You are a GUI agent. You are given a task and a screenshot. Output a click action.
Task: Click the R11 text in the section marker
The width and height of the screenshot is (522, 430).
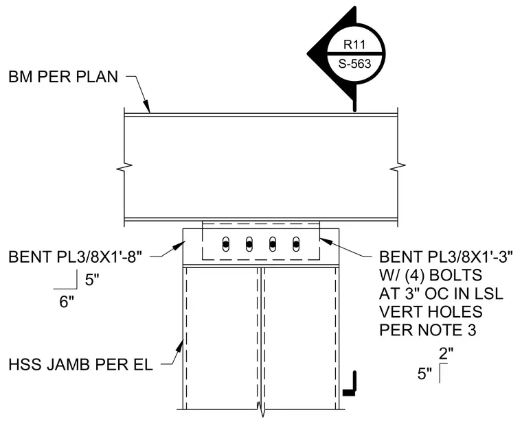click(354, 44)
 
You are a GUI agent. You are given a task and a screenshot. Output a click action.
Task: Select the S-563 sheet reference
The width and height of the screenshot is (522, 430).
click(354, 64)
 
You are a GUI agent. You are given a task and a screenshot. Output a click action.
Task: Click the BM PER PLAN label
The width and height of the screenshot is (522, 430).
click(63, 77)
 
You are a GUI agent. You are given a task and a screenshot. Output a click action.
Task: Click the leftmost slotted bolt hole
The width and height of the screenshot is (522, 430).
click(226, 244)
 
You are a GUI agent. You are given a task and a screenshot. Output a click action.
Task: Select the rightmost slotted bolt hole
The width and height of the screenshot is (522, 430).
click(296, 244)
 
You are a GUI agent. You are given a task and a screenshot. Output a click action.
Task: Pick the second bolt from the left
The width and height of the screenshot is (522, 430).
click(249, 245)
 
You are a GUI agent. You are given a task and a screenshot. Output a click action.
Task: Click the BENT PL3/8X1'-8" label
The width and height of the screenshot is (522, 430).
click(76, 257)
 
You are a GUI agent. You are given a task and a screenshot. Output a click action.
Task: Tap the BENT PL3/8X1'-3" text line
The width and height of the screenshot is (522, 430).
click(446, 257)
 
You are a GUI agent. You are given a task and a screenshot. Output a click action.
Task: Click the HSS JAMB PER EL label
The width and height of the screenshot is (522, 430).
click(80, 365)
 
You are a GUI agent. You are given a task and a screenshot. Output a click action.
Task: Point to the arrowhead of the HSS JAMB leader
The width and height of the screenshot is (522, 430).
click(180, 346)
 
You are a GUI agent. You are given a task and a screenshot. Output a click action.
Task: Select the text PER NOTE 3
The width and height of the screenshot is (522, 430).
click(428, 330)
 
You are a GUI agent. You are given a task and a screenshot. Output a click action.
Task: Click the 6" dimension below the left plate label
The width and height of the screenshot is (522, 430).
click(67, 302)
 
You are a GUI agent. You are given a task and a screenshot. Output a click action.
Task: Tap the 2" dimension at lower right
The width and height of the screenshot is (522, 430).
click(446, 354)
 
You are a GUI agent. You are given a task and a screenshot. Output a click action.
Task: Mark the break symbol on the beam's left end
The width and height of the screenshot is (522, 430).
click(124, 167)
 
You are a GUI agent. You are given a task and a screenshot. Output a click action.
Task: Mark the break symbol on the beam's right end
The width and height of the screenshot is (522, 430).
click(398, 167)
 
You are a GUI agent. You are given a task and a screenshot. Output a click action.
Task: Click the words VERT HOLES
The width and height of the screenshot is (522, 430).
click(431, 312)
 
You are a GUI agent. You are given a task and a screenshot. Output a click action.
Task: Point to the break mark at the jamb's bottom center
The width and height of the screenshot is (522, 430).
click(261, 409)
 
